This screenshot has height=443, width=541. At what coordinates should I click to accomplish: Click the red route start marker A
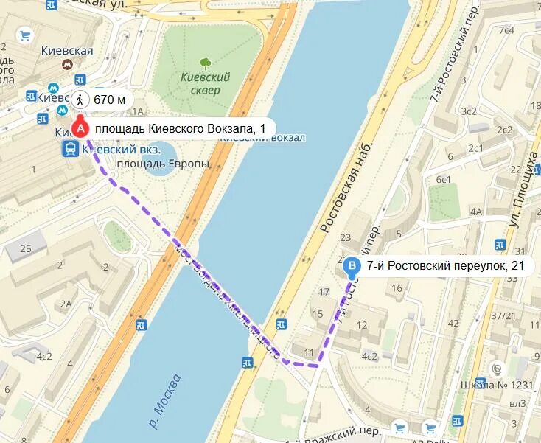tap(80, 128)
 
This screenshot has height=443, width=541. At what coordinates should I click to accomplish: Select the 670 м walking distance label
tap(109, 100)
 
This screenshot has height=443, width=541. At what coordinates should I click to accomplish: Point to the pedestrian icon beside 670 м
tap(81, 100)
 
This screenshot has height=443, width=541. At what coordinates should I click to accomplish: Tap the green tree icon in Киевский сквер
tap(206, 63)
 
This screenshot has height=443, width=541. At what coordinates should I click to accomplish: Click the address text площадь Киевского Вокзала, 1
tap(179, 128)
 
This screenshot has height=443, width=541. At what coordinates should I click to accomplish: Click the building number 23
tap(346, 237)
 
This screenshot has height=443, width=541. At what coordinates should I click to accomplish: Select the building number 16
tap(398, 288)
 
